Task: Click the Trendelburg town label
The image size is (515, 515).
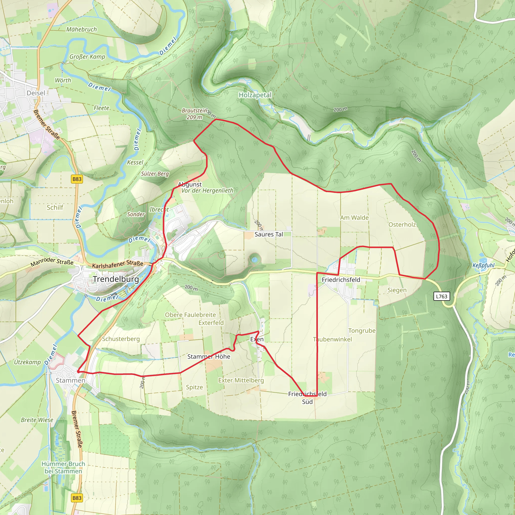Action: (116, 279)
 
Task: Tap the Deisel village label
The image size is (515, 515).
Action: (36, 93)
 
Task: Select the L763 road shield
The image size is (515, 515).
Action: (442, 296)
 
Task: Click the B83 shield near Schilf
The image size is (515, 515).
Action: (77, 179)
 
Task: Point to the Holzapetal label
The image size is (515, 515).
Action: (255, 95)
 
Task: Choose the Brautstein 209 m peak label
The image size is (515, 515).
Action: (194, 114)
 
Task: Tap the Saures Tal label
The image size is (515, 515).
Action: (269, 234)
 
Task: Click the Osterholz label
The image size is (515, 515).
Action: (402, 225)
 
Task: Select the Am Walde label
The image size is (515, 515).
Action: (354, 218)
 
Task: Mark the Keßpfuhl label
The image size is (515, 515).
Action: (483, 265)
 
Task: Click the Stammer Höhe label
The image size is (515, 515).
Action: (209, 356)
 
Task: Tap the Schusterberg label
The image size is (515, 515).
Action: (121, 339)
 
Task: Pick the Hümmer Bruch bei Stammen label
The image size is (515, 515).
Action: (63, 467)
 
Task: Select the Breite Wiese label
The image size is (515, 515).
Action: (37, 420)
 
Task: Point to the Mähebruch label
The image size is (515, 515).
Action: (81, 29)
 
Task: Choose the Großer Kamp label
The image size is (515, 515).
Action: (87, 57)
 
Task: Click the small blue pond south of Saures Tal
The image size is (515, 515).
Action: (254, 259)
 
